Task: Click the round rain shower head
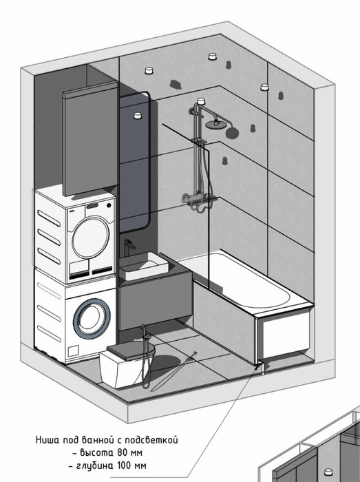(215, 124)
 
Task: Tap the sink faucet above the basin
(129, 247)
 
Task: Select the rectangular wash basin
(144, 266)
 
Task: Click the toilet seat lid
(131, 350)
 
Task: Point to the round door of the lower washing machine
(92, 318)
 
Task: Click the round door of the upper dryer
(90, 237)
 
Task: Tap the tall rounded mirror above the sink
(134, 161)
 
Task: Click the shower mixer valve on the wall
(197, 198)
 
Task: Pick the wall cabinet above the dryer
(90, 143)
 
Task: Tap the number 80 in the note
(122, 452)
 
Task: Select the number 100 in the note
(123, 465)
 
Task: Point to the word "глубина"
(94, 465)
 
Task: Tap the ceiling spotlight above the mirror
(138, 116)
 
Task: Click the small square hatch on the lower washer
(74, 351)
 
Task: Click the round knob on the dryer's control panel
(109, 205)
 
